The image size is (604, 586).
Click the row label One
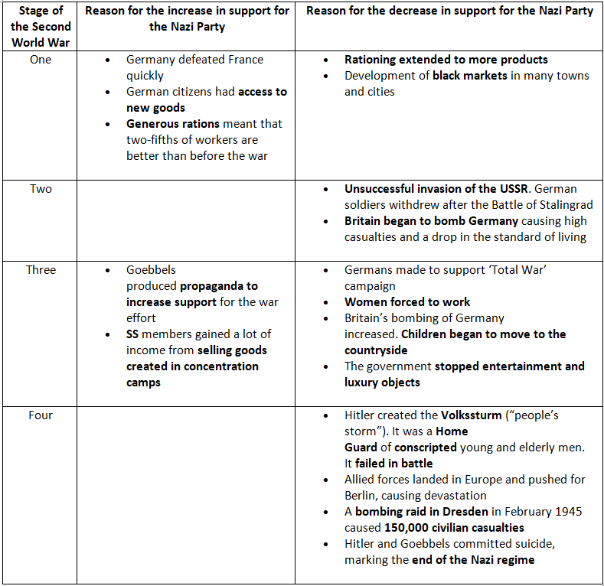(41, 60)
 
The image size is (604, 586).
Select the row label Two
(41, 189)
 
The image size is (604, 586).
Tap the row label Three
(41, 270)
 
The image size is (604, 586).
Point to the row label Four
(41, 415)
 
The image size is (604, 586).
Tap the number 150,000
(414, 528)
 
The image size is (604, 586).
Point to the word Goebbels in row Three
(151, 270)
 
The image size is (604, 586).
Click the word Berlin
(364, 496)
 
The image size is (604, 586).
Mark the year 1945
(567, 512)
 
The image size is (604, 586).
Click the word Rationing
(374, 60)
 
